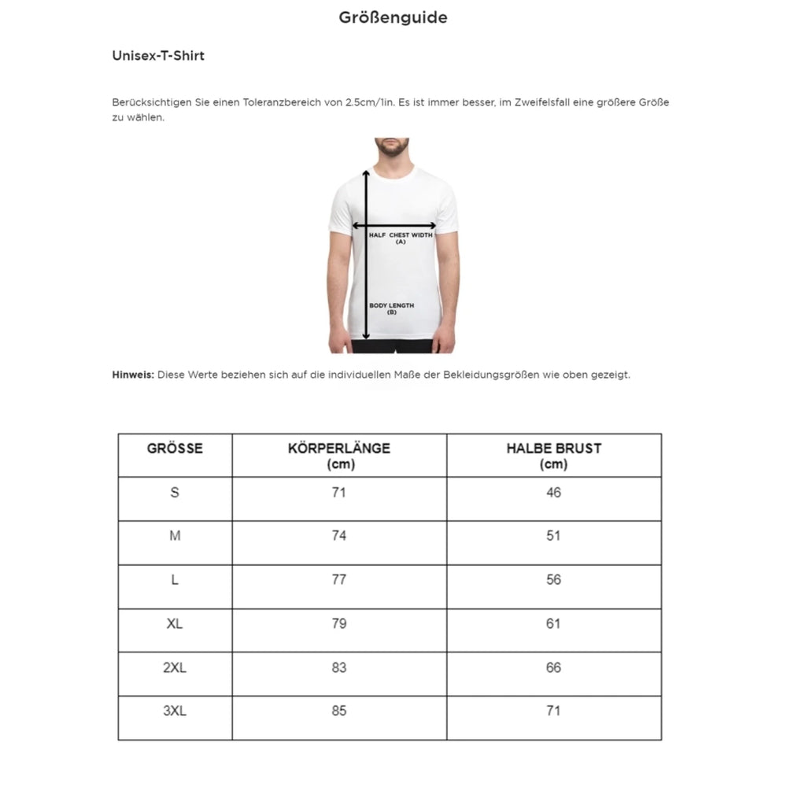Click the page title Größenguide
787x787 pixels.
(393, 17)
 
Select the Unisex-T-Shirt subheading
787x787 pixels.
(158, 57)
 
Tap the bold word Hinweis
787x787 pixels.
(133, 375)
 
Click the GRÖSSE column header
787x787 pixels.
(175, 449)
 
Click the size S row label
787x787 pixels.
(175, 493)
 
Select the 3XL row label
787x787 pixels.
(175, 711)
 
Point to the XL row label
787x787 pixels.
(175, 623)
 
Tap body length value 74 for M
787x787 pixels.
(339, 536)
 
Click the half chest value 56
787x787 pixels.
(553, 580)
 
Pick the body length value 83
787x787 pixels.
(339, 667)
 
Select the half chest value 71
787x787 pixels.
(553, 711)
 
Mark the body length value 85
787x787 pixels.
(339, 711)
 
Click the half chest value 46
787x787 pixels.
(553, 493)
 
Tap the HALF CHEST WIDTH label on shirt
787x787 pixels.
(401, 235)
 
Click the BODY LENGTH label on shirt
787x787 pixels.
(391, 306)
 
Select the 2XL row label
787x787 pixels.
(175, 667)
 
